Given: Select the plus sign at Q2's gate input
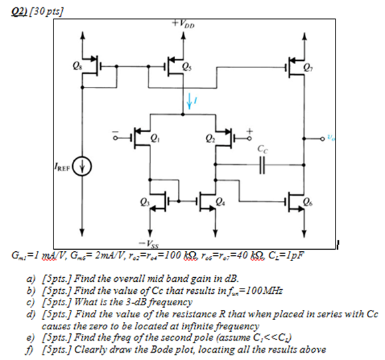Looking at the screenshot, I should [251, 131].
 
